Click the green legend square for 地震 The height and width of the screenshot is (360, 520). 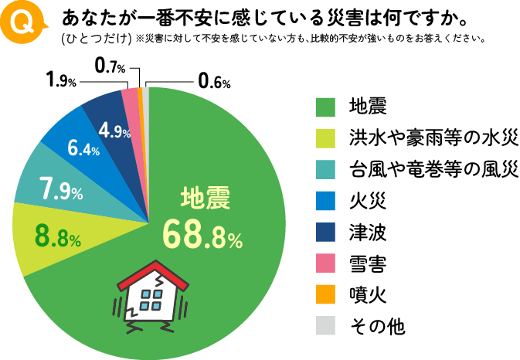tap(325, 106)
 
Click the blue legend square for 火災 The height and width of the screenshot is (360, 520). tap(325, 201)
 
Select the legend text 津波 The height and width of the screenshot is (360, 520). tap(367, 233)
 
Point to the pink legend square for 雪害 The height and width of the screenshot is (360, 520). tap(325, 264)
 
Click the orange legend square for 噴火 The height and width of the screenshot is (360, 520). tap(325, 296)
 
